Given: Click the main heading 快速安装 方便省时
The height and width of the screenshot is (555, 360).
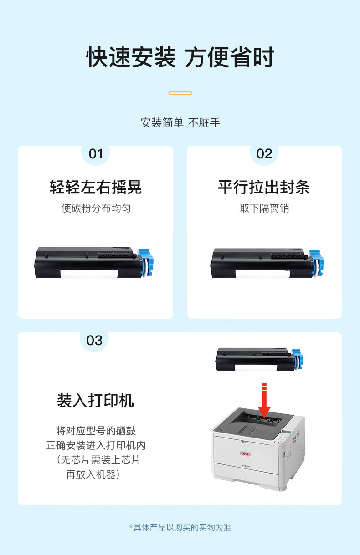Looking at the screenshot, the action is (x=180, y=57).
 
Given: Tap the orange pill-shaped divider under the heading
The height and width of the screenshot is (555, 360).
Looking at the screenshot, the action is (x=180, y=93).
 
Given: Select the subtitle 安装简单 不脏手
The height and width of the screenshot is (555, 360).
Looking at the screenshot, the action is (x=180, y=123).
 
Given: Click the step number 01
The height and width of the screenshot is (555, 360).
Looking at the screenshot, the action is (x=96, y=154).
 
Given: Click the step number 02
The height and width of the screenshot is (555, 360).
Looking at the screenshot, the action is (x=264, y=154).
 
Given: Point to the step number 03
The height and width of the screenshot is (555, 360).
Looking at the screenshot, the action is (x=94, y=341).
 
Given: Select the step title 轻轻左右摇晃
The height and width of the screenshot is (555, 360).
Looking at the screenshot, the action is (x=96, y=187).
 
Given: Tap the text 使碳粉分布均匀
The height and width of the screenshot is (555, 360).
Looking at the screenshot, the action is (x=96, y=208).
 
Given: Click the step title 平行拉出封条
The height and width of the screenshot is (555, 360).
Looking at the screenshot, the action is (x=264, y=187).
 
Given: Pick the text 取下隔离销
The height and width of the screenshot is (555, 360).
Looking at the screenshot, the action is (x=264, y=208).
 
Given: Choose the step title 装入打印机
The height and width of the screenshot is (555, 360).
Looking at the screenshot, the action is (x=95, y=400).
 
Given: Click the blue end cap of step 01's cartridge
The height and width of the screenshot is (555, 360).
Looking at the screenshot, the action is (x=146, y=262).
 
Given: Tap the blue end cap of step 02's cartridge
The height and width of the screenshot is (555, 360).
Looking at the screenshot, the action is (x=317, y=263).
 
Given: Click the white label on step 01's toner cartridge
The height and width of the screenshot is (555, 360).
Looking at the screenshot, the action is (x=89, y=274).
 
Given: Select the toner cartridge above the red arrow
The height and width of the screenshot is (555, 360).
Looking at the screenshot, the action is (x=259, y=360).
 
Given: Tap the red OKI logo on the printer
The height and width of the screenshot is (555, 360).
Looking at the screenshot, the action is (x=245, y=453).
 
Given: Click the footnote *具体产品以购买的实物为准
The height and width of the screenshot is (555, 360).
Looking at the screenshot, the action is (x=180, y=527).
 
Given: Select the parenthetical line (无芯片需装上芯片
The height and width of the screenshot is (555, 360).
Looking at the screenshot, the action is (x=98, y=460).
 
